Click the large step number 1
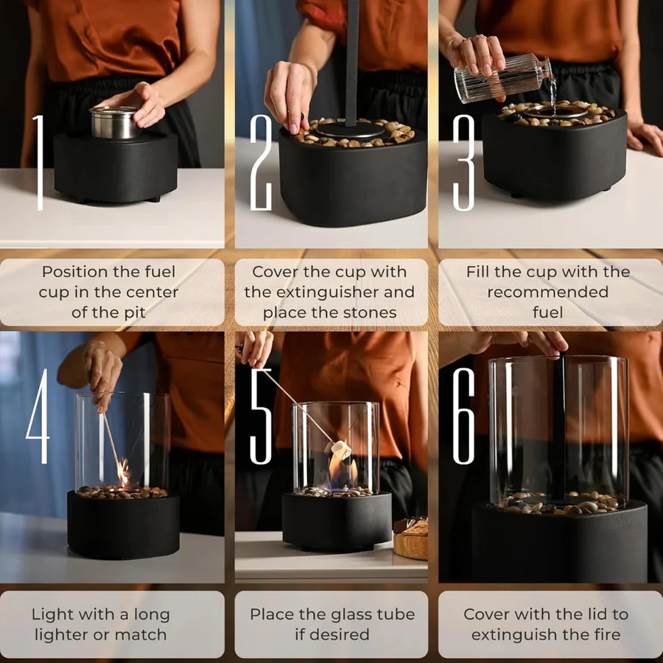[x=39, y=161]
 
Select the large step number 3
[x=463, y=161]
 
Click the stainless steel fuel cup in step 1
[x=113, y=122]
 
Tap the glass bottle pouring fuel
[x=501, y=78]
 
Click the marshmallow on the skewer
[x=340, y=448]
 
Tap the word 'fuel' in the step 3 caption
[x=547, y=312]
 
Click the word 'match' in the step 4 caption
[x=144, y=634]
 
